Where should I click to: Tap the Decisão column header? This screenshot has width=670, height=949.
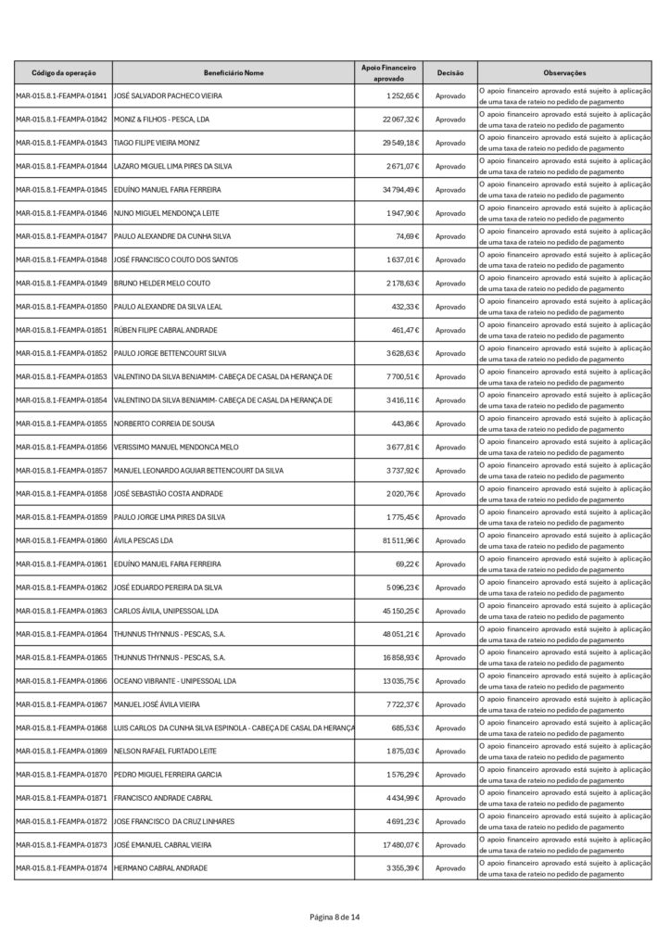(450, 72)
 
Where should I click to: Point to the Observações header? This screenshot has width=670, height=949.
(564, 72)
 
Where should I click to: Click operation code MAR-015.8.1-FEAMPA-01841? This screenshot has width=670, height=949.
(61, 96)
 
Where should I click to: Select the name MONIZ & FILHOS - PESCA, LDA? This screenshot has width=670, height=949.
(162, 120)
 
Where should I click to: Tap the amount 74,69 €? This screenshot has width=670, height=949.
(409, 236)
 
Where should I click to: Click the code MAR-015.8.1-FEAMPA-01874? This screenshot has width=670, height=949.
(61, 867)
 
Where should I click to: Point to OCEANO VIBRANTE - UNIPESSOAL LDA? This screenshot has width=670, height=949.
(175, 680)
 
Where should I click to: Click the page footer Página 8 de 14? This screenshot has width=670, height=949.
(335, 917)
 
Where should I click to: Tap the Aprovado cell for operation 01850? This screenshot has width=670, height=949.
(450, 307)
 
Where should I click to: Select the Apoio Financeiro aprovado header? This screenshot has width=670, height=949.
(389, 72)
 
